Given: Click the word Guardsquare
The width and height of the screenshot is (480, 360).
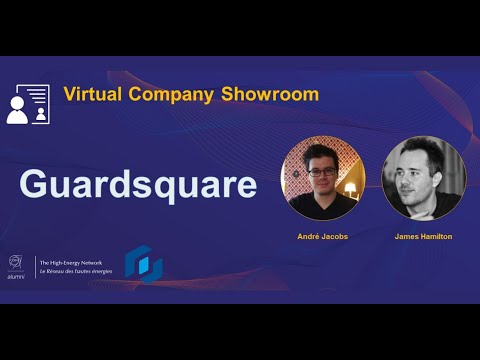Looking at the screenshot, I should (x=137, y=185).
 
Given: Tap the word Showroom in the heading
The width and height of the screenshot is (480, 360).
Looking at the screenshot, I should (x=277, y=95).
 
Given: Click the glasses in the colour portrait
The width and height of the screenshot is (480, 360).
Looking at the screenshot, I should (x=320, y=171).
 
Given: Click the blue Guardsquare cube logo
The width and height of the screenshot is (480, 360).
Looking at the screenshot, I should (x=143, y=263).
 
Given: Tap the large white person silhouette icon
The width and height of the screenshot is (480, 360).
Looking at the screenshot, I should (x=17, y=111).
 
